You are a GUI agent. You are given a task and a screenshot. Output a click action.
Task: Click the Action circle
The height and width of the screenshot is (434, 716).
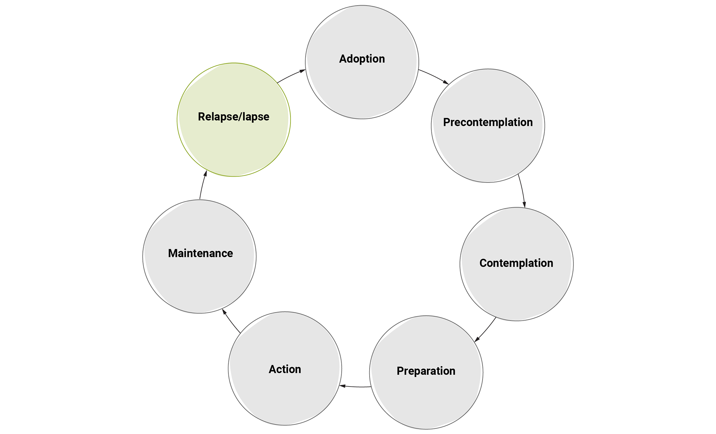click(x=285, y=395)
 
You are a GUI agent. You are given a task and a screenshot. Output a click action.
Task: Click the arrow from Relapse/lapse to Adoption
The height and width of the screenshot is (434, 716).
click(x=291, y=76)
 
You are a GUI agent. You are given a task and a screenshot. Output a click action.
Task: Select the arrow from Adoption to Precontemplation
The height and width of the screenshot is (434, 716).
click(x=434, y=76)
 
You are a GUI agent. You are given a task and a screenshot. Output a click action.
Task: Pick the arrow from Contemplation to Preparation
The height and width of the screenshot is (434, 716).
click(x=485, y=330)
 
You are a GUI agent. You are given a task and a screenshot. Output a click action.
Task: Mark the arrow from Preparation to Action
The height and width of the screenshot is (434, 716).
click(x=355, y=386)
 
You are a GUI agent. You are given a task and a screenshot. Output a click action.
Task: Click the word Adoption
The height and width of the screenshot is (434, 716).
click(x=362, y=59)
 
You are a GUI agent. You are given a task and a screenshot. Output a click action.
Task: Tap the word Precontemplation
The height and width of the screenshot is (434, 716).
click(x=488, y=122)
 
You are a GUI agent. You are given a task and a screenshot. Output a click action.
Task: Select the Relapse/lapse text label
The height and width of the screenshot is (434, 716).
click(x=233, y=117)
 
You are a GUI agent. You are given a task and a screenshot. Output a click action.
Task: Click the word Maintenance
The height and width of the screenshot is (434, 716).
click(x=200, y=254)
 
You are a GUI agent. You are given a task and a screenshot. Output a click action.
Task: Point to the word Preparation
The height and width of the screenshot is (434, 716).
click(x=426, y=371)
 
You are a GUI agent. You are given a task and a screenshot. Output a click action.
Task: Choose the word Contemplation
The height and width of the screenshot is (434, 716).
click(x=516, y=263)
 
